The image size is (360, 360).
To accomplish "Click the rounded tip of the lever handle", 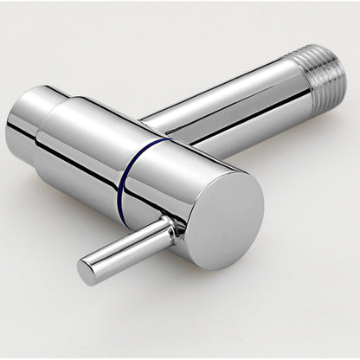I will (87, 271).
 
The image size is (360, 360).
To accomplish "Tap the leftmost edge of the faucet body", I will (7, 130).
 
